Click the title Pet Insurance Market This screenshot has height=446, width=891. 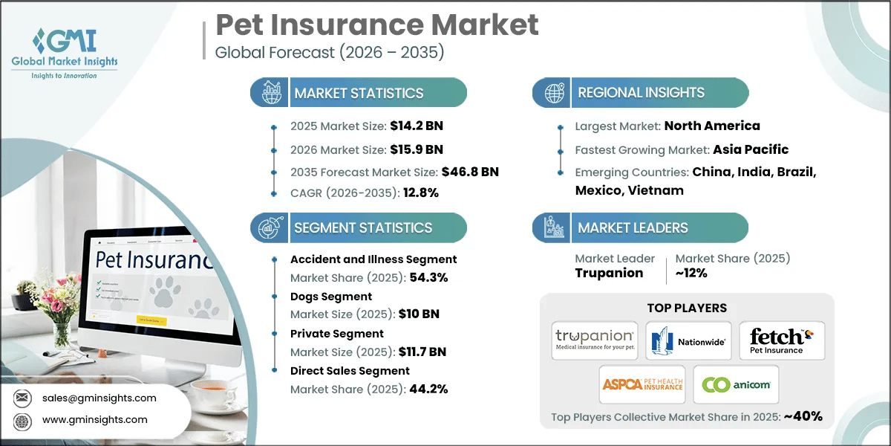376,25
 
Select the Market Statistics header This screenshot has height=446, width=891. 359,93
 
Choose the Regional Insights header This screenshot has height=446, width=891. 641,93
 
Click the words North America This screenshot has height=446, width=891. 712,126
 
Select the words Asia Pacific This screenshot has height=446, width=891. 751,149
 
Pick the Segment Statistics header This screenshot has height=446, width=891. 363,227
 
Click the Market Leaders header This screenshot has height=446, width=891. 633,227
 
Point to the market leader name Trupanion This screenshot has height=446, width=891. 609,273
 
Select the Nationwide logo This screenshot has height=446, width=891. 688,341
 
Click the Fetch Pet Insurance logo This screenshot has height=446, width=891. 781,341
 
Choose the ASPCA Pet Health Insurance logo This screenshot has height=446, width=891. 642,384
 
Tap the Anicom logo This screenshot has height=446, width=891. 736,384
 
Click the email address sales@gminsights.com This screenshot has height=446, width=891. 99,398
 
